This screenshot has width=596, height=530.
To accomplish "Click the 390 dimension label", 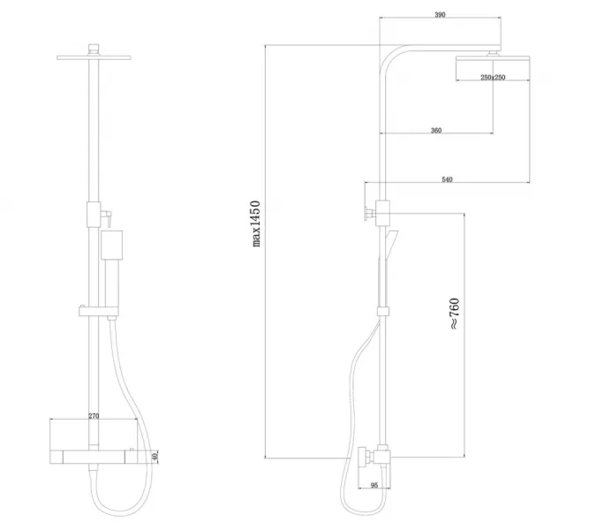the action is [x=440, y=15].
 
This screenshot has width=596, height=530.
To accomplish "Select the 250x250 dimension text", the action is [x=493, y=77].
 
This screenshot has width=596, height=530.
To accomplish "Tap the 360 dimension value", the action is [x=436, y=131].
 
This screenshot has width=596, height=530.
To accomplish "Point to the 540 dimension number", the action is [x=447, y=179].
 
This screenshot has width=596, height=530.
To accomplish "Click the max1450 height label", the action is [x=256, y=223].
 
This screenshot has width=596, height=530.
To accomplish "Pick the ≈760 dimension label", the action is [x=454, y=314].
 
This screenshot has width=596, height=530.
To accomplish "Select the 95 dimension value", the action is [x=374, y=486].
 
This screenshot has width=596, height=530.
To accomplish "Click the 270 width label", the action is [x=94, y=416].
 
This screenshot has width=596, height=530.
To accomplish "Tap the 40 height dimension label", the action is [x=155, y=456].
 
